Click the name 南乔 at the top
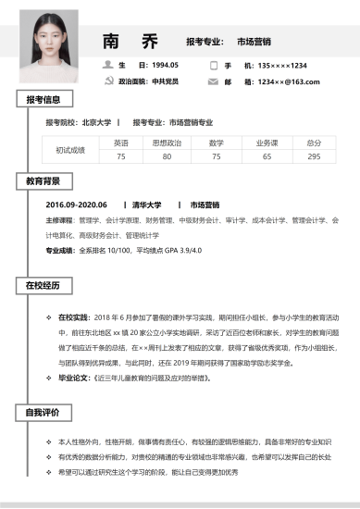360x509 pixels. pyautogui.click(x=130, y=42)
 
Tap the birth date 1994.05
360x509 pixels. pyautogui.click(x=165, y=65)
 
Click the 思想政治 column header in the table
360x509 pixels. pyautogui.click(x=168, y=143)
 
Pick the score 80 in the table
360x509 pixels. pyautogui.click(x=168, y=156)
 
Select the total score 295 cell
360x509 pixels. pyautogui.click(x=315, y=156)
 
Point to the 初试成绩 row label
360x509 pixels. pyautogui.click(x=70, y=149)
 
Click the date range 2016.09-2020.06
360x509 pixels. pyautogui.click(x=77, y=205)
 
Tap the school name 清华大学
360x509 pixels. pyautogui.click(x=146, y=205)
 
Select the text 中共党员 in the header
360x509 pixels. pyautogui.click(x=166, y=81)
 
